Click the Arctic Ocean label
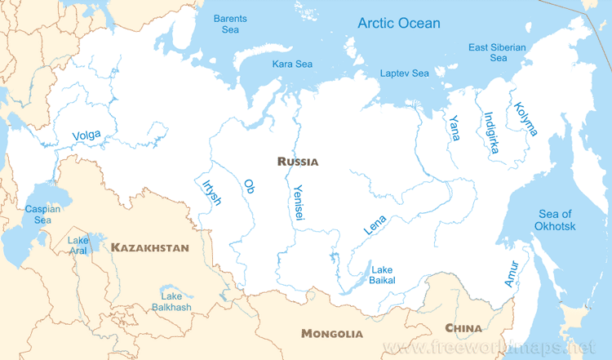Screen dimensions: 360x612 coord(399,23)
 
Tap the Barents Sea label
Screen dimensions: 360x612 coord(230,24)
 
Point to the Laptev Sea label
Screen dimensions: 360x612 coord(404,73)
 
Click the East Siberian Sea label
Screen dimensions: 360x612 coord(497,52)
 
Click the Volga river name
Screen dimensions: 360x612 coord(86,136)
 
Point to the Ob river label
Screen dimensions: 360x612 coord(250,186)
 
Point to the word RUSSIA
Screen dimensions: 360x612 coord(298,162)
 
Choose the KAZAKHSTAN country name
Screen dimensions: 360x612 coord(150,247)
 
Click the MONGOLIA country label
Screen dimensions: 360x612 coord(331,333)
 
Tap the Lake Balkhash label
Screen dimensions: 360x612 coord(171,301)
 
